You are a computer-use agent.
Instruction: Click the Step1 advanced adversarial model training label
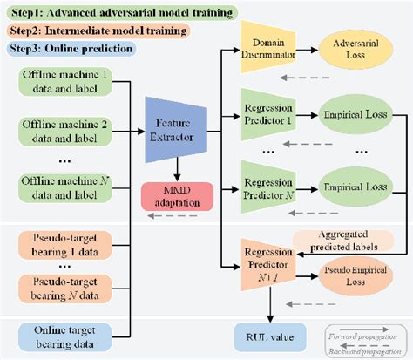pos(118,13)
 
